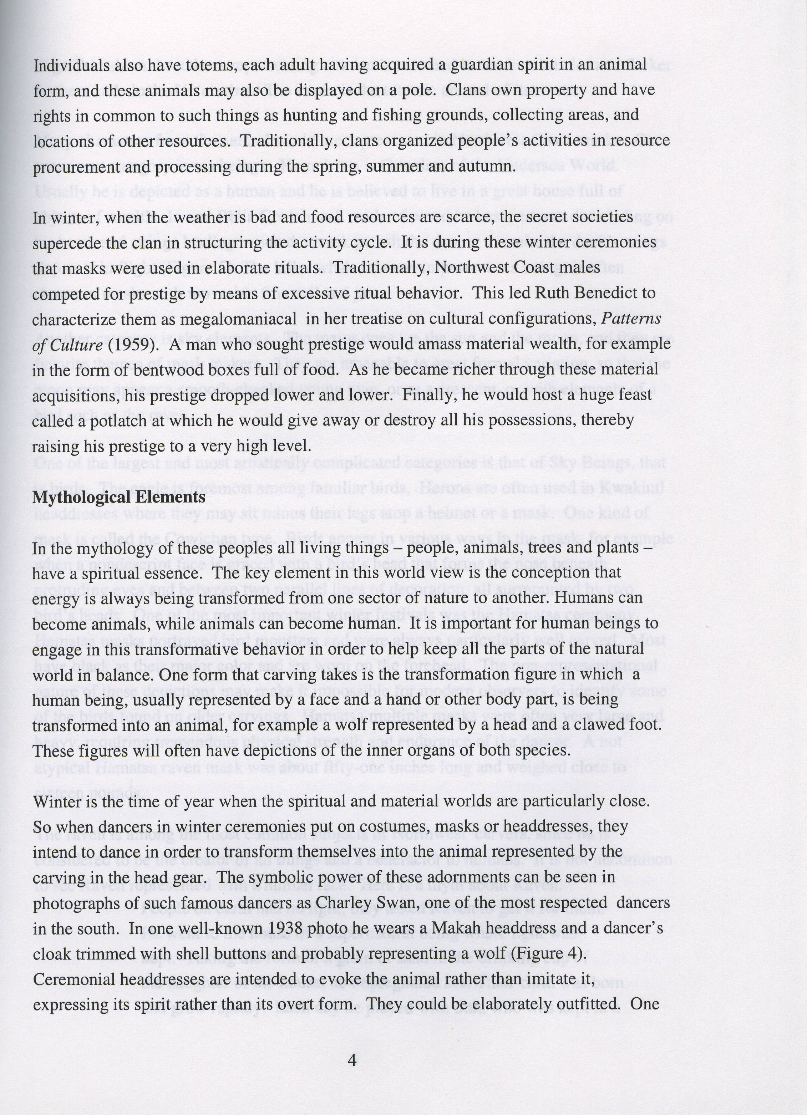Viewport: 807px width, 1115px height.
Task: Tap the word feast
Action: [x=634, y=395]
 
